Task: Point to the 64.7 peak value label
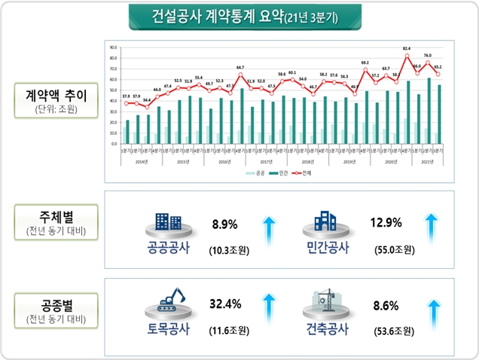(x=240, y=68)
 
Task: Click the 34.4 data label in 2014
(x=146, y=100)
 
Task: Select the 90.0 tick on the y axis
(x=113, y=47)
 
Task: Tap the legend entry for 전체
(x=304, y=172)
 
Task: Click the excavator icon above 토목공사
(x=168, y=304)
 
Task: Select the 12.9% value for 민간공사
(x=386, y=223)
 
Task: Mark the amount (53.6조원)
(x=393, y=330)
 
